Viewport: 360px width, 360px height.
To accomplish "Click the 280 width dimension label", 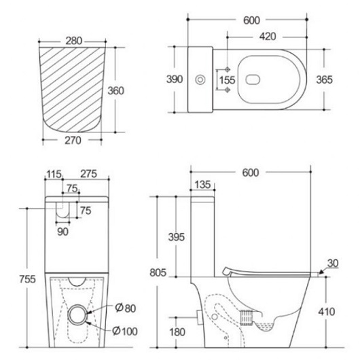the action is (x=74, y=41).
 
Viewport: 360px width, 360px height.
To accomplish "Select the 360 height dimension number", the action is (x=116, y=91).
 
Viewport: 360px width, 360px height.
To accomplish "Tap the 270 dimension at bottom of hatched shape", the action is (x=73, y=141).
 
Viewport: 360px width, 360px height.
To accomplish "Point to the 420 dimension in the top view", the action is (x=268, y=36).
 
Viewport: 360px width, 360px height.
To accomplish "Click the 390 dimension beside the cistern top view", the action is (x=175, y=79).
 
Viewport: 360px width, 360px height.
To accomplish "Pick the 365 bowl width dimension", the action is (x=324, y=79).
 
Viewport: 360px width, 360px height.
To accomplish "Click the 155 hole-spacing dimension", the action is (x=227, y=80).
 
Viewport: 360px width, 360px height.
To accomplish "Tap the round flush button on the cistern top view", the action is (x=200, y=80).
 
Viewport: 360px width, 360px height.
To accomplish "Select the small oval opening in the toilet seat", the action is (x=253, y=79).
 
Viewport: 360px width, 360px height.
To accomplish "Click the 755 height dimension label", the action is (x=27, y=279).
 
